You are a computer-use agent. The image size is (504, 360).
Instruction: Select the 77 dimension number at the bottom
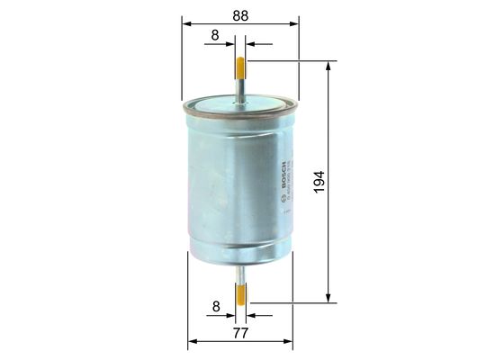(241, 332)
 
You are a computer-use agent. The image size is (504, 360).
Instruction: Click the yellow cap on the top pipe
(240, 67)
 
